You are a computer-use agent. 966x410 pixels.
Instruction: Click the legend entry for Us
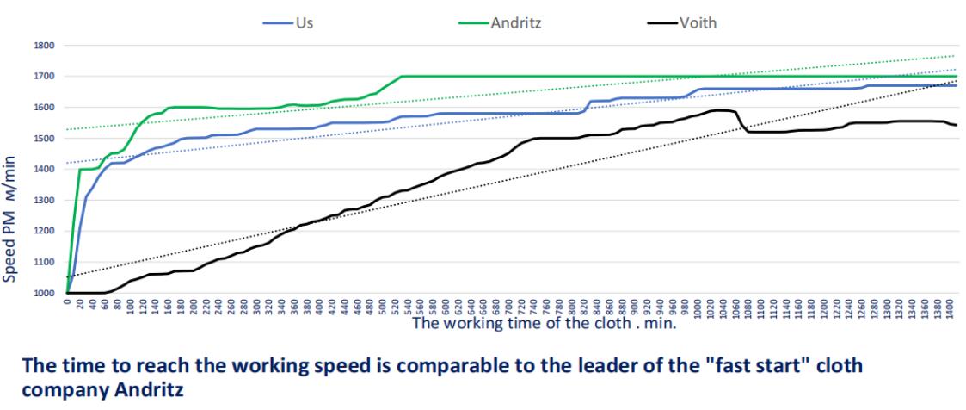[304, 23]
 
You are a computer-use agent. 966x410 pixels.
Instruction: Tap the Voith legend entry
[698, 23]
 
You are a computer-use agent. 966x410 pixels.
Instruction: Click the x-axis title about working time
[544, 324]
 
